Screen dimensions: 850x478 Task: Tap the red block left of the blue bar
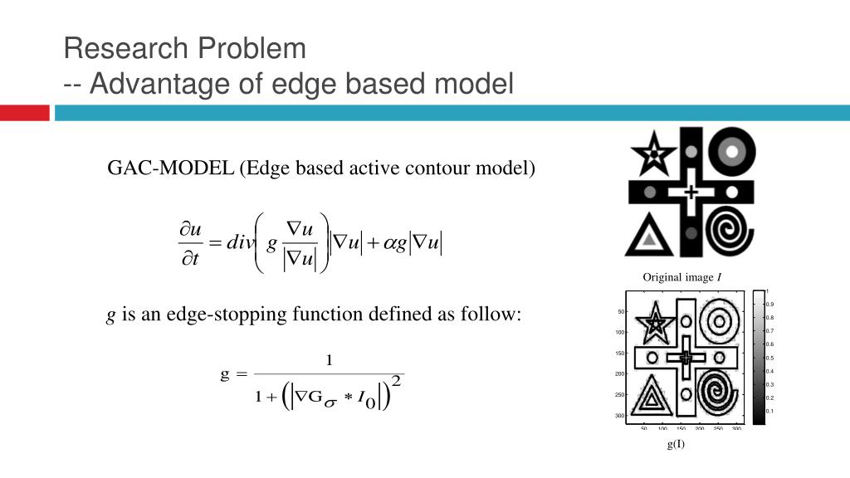coord(24,113)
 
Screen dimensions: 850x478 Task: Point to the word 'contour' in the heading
coord(437,168)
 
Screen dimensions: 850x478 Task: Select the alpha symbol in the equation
coord(388,243)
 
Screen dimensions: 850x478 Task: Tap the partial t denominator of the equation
coord(190,260)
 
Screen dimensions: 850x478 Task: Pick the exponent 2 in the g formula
coord(396,380)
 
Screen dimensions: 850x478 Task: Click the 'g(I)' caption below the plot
coord(676,444)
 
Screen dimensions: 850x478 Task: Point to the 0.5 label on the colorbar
coord(769,358)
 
